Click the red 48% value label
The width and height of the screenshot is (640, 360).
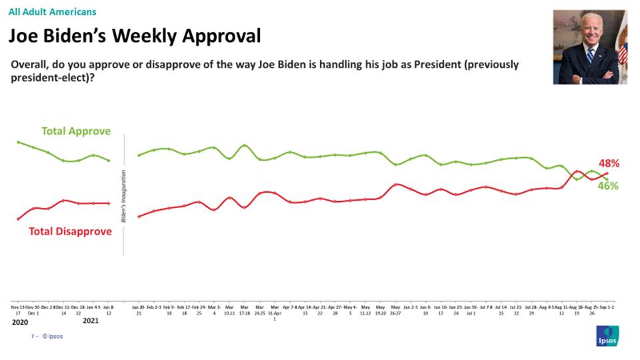[x=609, y=163]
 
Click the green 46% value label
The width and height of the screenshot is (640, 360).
[x=607, y=186]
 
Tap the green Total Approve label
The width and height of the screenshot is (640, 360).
[x=76, y=131]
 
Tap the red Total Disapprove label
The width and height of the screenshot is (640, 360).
[x=70, y=232]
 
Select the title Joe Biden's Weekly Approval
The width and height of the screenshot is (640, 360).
[x=134, y=36]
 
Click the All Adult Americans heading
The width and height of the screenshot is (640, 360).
[x=52, y=12]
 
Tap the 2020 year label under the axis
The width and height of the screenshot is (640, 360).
[x=21, y=321]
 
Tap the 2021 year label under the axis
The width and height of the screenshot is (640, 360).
[x=91, y=321]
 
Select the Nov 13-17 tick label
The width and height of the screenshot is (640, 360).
[x=17, y=310]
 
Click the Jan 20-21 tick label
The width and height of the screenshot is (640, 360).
[x=138, y=310]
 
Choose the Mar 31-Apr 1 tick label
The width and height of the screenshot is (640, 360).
[x=275, y=312]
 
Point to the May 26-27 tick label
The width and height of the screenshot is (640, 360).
[x=396, y=310]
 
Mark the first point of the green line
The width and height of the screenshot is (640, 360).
[x=18, y=142]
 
